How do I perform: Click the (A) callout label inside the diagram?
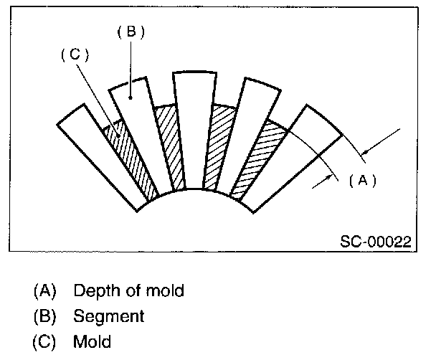tap(362, 181)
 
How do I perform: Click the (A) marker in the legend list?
tap(44, 291)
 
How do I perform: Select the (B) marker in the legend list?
tap(44, 316)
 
